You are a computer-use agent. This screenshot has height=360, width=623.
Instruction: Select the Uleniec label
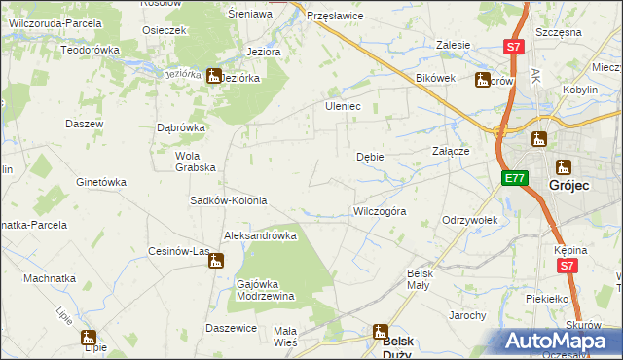click(x=343, y=106)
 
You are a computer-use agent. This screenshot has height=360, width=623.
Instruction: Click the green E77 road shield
click(x=515, y=178)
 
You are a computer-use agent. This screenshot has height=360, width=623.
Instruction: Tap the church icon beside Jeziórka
click(x=213, y=75)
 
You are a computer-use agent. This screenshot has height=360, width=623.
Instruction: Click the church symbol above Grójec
click(x=564, y=167)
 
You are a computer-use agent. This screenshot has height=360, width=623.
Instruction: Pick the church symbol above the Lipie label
click(x=90, y=338)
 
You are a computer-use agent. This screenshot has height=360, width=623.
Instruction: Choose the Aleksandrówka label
click(x=260, y=235)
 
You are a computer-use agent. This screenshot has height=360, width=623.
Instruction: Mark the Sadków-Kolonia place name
click(x=228, y=201)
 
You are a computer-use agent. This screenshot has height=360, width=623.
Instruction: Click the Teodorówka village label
click(x=90, y=50)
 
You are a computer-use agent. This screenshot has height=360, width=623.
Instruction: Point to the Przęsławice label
click(x=334, y=17)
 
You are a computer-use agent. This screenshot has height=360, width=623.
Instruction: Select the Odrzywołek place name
click(x=470, y=221)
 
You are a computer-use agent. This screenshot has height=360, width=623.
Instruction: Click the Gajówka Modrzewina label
click(x=266, y=290)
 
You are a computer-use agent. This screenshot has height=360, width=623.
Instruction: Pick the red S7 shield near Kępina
click(x=568, y=265)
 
